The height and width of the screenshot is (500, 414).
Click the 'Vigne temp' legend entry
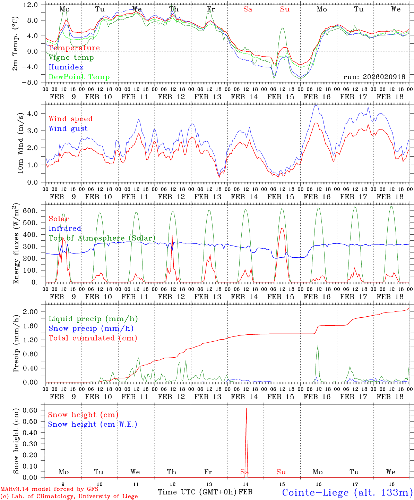coord(71,58)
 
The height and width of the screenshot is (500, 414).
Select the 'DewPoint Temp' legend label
coord(79,77)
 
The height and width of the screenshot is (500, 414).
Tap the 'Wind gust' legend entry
coord(68,128)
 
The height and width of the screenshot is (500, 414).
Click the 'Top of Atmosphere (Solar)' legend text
coord(102,238)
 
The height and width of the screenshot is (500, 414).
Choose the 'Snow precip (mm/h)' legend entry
coord(91,328)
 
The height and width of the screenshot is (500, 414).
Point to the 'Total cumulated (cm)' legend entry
coord(93,338)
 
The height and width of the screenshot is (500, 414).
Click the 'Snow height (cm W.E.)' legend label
coord(93,424)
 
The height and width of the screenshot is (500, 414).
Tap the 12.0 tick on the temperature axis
coord(31,5)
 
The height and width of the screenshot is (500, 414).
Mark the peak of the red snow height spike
coord(246,409)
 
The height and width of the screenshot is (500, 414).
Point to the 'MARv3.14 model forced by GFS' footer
coord(49,489)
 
